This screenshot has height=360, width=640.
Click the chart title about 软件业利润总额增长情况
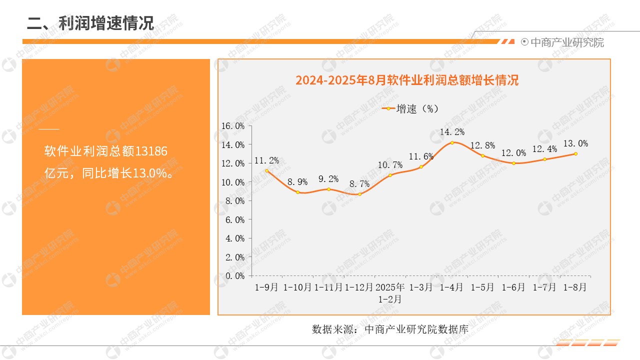(406, 80)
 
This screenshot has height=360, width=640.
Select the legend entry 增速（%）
(410, 108)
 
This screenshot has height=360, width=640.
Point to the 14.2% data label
(452, 132)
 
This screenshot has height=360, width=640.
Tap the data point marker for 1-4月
(452, 142)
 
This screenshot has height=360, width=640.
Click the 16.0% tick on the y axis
(233, 126)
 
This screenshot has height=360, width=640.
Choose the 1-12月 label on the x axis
(359, 287)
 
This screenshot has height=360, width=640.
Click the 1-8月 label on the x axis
(575, 287)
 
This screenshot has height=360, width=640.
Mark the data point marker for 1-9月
(267, 170)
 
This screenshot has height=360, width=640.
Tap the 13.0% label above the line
(575, 144)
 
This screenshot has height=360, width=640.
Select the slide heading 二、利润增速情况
(90, 23)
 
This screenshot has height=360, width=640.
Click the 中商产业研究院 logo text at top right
(566, 42)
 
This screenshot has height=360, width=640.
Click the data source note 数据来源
(389, 329)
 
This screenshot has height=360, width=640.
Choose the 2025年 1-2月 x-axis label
(390, 293)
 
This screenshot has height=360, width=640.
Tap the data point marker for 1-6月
(513, 163)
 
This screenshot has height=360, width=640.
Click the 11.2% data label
(266, 160)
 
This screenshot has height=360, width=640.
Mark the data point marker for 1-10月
(298, 192)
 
